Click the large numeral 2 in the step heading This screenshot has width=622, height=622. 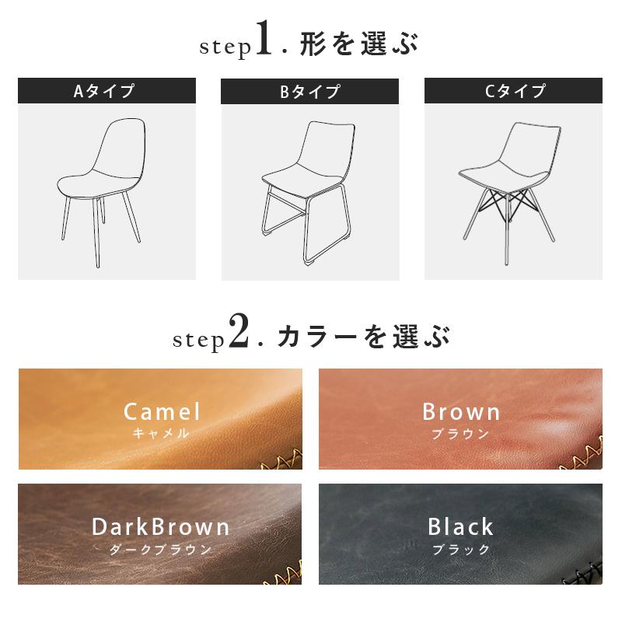238,333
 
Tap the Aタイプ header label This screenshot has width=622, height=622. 107,91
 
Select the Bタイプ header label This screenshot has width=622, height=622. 309,92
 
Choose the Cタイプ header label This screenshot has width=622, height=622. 513,91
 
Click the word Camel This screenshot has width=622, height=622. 162,411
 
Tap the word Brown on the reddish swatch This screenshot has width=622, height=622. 461,411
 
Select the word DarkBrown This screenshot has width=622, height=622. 161,526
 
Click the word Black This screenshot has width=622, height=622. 461,526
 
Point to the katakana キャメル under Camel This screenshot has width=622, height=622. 161,434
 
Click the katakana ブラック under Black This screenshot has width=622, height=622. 461,549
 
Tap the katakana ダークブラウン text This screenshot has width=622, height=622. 161,549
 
